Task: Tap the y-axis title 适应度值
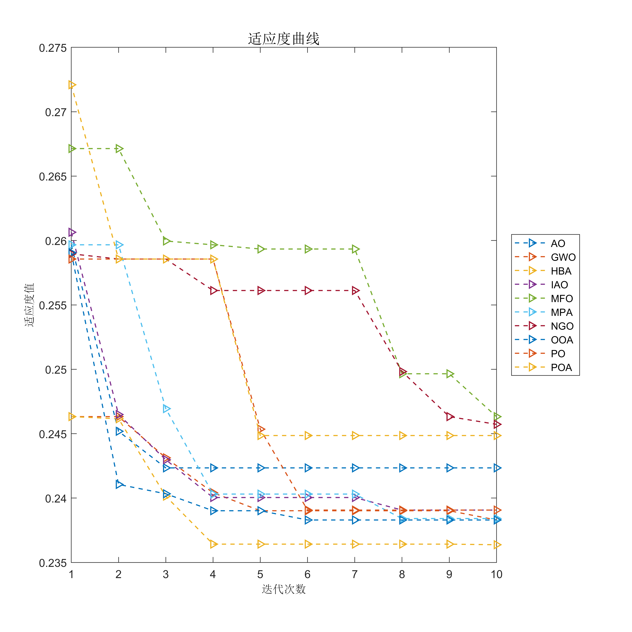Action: [x=29, y=305]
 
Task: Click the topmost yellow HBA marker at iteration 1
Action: [x=72, y=85]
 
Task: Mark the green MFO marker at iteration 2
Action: [x=119, y=149]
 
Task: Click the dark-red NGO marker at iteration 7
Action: [x=355, y=290]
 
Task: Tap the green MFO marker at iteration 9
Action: [x=450, y=374]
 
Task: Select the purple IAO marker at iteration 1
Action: [x=72, y=232]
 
